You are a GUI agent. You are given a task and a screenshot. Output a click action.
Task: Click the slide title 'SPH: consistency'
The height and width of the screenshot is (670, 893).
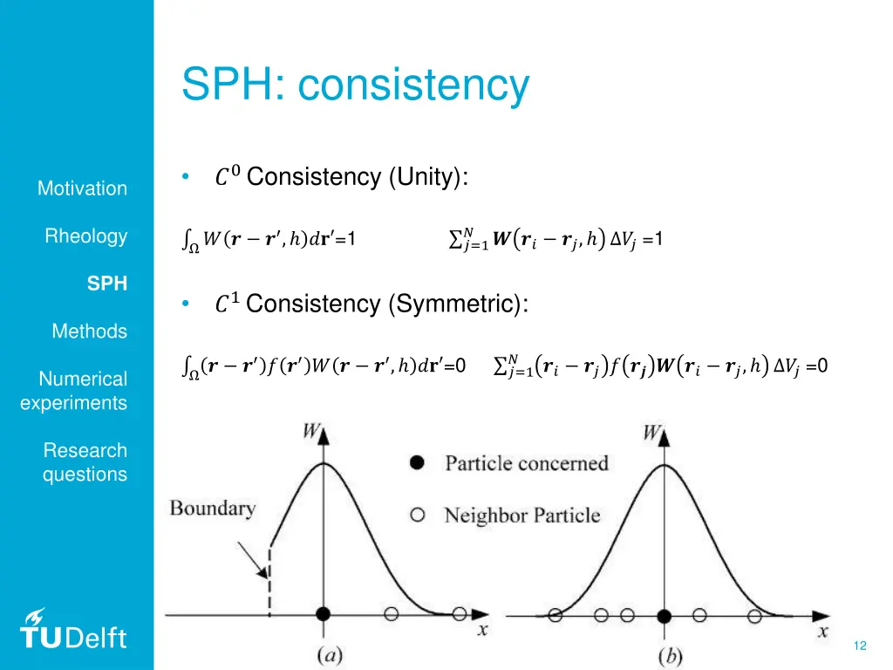pyautogui.click(x=355, y=85)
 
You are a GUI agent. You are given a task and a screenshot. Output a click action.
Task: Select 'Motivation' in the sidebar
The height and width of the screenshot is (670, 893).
pyautogui.click(x=82, y=188)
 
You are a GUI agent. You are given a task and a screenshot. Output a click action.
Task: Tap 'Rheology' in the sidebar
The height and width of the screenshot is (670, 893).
pyautogui.click(x=86, y=236)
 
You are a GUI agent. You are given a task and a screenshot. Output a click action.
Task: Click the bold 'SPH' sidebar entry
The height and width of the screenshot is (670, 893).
pyautogui.click(x=107, y=284)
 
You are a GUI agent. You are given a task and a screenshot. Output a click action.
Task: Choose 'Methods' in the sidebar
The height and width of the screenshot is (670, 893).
pyautogui.click(x=89, y=332)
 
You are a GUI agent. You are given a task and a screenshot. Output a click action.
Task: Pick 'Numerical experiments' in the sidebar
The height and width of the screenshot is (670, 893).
pyautogui.click(x=75, y=391)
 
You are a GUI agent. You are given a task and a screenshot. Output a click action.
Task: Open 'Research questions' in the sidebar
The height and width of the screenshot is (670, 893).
pyautogui.click(x=85, y=462)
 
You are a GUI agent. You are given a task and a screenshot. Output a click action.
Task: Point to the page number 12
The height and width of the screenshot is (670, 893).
pyautogui.click(x=860, y=646)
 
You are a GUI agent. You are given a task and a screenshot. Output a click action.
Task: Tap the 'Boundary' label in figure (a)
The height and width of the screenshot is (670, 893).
pyautogui.click(x=213, y=508)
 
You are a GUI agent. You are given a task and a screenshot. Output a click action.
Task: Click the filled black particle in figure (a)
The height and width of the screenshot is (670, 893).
pyautogui.click(x=324, y=614)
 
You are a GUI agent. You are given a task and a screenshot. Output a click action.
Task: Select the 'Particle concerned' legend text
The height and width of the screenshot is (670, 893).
pyautogui.click(x=527, y=463)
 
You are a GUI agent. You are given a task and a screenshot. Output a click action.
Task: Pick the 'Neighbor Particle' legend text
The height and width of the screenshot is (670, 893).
pyautogui.click(x=522, y=516)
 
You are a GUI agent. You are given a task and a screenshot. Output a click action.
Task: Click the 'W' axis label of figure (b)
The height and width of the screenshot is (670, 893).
pyautogui.click(x=652, y=433)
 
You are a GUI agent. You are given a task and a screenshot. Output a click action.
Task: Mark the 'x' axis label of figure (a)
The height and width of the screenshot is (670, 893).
pyautogui.click(x=481, y=629)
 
